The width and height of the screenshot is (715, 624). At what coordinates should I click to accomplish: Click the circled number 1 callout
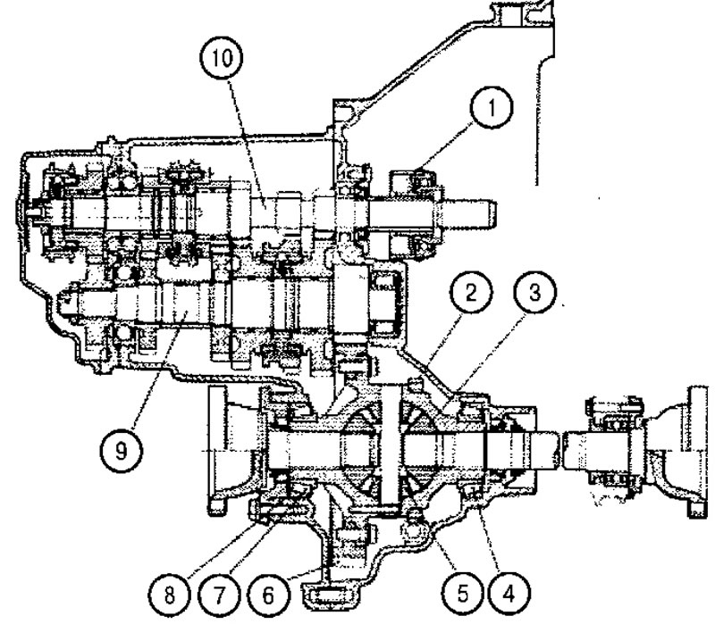pyautogui.click(x=491, y=107)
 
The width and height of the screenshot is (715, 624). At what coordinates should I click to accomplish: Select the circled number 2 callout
pyautogui.click(x=471, y=292)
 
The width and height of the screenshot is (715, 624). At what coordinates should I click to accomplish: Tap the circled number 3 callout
pyautogui.click(x=534, y=292)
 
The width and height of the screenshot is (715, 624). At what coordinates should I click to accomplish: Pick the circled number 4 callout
pyautogui.click(x=509, y=594)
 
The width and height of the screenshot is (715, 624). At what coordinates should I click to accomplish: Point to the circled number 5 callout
pyautogui.click(x=462, y=594)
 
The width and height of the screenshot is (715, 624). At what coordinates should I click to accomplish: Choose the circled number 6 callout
pyautogui.click(x=269, y=595)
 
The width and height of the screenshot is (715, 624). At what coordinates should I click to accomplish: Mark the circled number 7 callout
pyautogui.click(x=219, y=595)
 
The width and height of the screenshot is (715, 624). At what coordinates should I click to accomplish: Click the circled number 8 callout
pyautogui.click(x=170, y=595)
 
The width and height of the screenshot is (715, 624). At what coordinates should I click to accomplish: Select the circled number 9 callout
pyautogui.click(x=121, y=451)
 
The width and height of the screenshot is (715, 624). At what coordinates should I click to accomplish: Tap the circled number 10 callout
pyautogui.click(x=221, y=57)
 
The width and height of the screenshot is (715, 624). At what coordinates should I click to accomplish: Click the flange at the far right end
pyautogui.click(x=698, y=451)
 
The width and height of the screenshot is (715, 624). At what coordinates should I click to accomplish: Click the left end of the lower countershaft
pyautogui.click(x=63, y=301)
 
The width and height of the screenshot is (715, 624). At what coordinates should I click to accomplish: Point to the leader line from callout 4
pyautogui.click(x=489, y=538)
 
